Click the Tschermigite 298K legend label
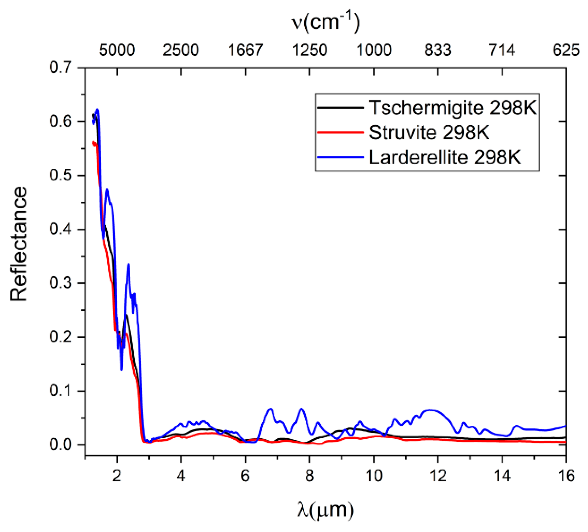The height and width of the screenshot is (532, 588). click(x=452, y=108)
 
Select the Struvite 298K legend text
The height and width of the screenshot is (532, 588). click(x=429, y=133)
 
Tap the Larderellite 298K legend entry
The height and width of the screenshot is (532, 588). click(x=445, y=158)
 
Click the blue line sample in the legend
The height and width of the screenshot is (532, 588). click(x=340, y=158)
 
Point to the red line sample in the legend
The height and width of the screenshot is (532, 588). click(x=340, y=133)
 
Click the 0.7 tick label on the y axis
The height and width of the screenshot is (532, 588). click(x=60, y=67)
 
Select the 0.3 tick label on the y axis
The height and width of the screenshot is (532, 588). click(x=60, y=283)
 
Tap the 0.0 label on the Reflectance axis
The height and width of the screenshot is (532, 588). click(x=60, y=445)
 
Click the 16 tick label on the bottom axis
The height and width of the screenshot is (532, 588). click(x=566, y=476)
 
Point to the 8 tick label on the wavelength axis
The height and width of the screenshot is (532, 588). click(x=309, y=476)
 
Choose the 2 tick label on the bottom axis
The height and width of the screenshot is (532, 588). click(x=117, y=476)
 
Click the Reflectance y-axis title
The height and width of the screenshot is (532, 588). click(x=19, y=244)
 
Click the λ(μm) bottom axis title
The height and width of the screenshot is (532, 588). click(x=325, y=510)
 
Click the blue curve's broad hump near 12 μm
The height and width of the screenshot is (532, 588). click(x=432, y=410)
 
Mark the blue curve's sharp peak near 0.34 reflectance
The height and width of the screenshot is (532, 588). click(x=128, y=265)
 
